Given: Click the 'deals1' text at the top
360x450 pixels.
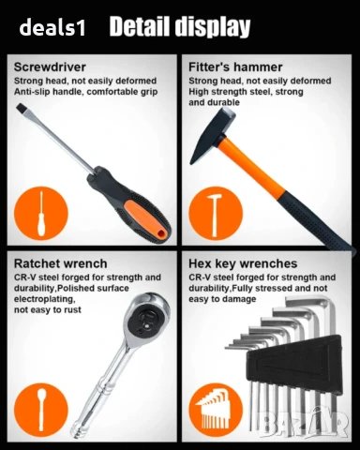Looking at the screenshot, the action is (x=52, y=27).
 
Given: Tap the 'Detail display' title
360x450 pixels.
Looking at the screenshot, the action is (x=180, y=27).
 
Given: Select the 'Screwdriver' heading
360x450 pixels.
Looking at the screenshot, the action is (x=50, y=67).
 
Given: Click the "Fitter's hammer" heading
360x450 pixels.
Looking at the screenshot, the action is (x=235, y=67).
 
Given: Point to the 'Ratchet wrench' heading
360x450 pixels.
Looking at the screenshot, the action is (x=60, y=263).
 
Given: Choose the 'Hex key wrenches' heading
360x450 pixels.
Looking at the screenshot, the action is (x=243, y=263).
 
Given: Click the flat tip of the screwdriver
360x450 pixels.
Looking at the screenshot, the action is (x=20, y=108).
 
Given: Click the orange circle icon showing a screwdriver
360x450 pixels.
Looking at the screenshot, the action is (x=41, y=213).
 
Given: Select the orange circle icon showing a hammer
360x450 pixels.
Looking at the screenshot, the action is (x=216, y=213).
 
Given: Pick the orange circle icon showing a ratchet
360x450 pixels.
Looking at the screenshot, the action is (x=41, y=410).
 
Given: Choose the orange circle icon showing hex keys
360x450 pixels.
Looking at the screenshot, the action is (x=216, y=410).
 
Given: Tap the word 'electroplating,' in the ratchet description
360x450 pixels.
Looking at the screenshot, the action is (x=44, y=299).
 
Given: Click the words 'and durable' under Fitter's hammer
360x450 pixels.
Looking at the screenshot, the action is (x=214, y=102).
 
